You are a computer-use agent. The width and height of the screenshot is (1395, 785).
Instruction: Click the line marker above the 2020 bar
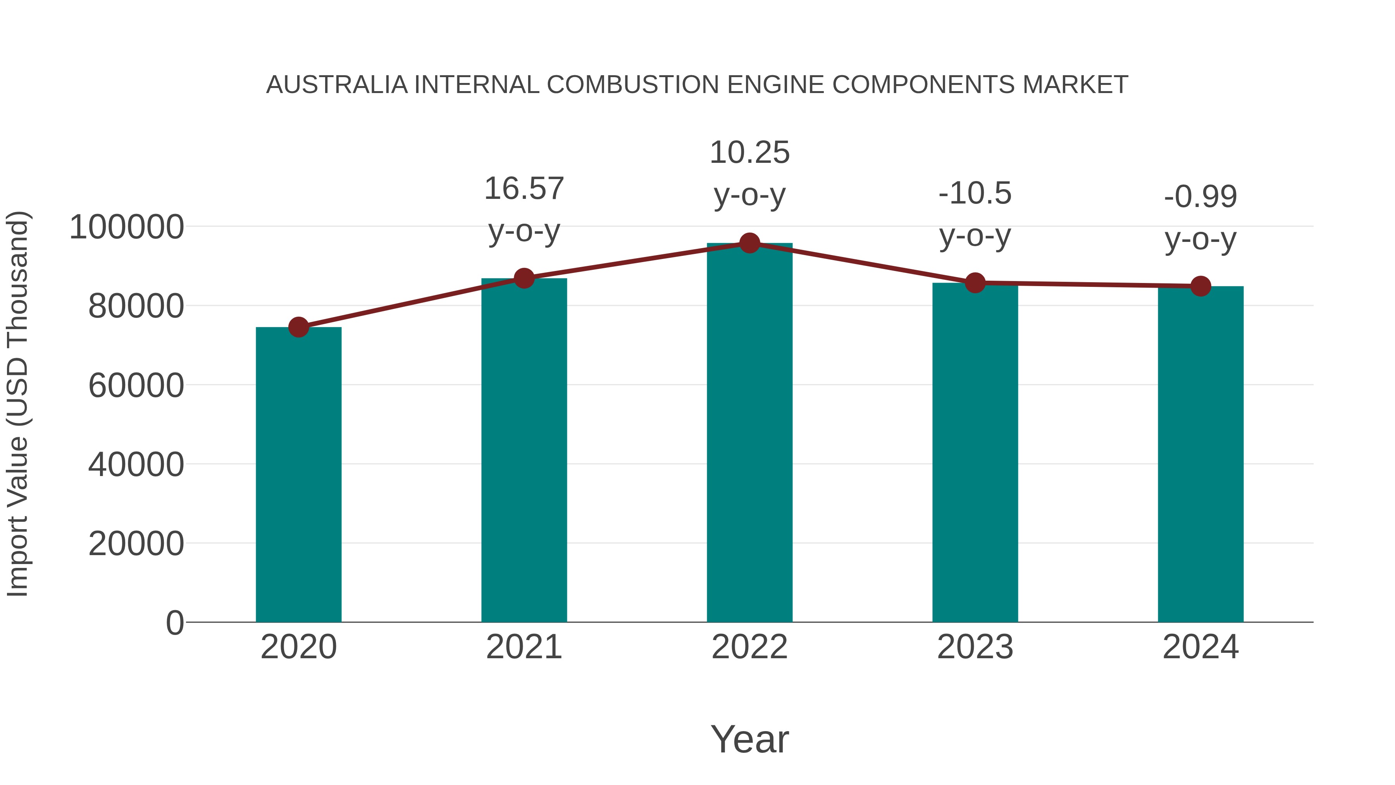click(x=298, y=327)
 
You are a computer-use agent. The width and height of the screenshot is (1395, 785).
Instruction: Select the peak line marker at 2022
click(x=749, y=243)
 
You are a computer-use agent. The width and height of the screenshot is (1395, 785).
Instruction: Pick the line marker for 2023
click(x=975, y=283)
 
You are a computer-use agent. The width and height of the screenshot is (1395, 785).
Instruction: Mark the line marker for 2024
click(x=1200, y=286)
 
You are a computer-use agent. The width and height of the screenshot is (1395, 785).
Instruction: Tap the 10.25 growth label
click(x=749, y=153)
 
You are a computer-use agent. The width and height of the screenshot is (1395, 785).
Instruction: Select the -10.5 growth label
click(x=975, y=193)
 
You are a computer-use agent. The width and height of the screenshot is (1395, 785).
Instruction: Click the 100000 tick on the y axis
click(x=127, y=227)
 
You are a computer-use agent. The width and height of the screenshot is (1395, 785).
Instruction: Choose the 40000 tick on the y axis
click(x=136, y=464)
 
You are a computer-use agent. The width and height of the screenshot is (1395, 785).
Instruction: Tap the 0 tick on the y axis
click(x=175, y=623)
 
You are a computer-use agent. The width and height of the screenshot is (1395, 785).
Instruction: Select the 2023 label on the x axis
click(x=975, y=647)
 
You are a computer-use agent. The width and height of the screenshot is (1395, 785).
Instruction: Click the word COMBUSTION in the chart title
click(x=633, y=85)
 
